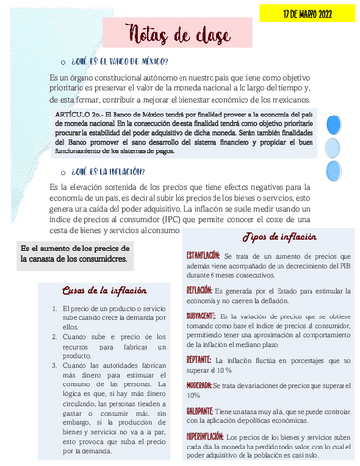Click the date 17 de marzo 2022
309,15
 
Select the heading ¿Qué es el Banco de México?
120,61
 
